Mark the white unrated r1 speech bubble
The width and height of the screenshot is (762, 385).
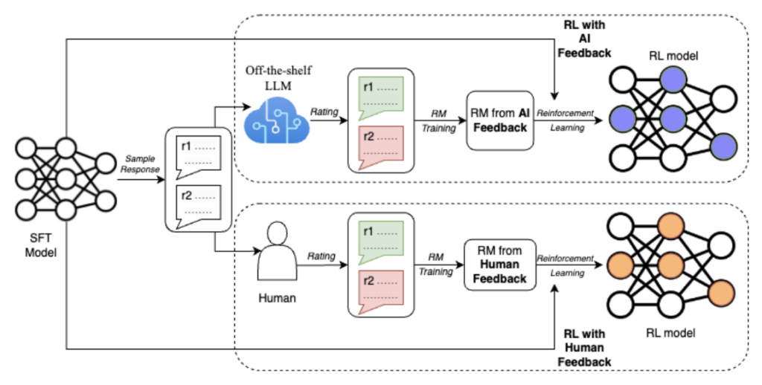[x=197, y=153]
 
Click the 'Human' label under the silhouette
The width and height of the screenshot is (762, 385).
[x=277, y=298]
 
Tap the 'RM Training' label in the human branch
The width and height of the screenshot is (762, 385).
[x=435, y=265]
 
